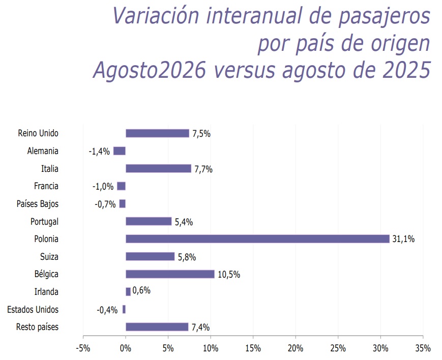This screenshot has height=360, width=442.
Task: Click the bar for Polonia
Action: coord(257,239)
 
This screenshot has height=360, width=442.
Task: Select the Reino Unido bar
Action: coord(157,133)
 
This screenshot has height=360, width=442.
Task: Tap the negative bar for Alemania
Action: coord(120,151)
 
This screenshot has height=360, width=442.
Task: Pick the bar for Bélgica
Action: coord(170,274)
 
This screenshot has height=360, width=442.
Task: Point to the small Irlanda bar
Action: coord(128,291)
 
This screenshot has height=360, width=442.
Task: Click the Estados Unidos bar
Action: coord(124,309)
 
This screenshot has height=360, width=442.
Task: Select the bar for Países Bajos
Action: coord(123,203)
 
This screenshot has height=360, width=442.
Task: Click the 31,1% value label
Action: coord(403,239)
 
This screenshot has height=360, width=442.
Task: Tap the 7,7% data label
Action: coord(203,169)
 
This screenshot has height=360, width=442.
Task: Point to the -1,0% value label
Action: coord(103,186)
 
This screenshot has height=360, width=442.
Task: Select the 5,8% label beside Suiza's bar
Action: coord(187,257)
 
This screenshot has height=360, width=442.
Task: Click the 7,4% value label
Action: coord(201,327)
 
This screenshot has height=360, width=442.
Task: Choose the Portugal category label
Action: coord(44,222)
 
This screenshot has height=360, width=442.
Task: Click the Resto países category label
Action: coord(37,327)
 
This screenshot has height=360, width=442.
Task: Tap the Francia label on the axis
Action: coord(46,186)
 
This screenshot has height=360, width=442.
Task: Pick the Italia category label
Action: coord(50,169)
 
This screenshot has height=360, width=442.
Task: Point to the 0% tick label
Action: coord(126,348)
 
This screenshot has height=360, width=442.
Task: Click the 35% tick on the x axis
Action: coord(423,348)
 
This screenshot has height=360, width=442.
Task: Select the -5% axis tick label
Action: coord(83,348)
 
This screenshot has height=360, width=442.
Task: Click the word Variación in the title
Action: coord(156,15)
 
